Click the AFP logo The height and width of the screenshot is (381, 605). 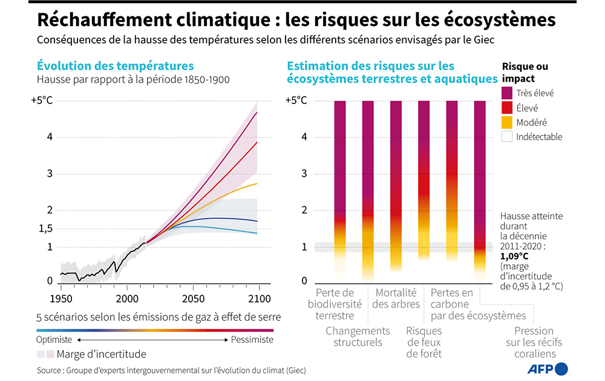550,368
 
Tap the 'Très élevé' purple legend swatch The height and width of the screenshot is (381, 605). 507,93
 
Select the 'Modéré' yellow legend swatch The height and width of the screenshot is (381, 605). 507,122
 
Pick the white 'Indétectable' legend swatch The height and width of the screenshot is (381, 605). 507,137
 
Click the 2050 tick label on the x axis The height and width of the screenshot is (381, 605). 192,298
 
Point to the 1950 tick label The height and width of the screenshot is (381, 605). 60,298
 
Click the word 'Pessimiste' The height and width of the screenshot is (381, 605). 252,340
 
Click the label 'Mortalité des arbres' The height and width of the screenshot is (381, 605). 396,298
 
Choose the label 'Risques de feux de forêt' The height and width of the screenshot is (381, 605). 423,342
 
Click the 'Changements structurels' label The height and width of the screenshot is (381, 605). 358,336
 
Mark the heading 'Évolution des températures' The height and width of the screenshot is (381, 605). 115,66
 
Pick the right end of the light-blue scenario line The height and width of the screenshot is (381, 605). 257,233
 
